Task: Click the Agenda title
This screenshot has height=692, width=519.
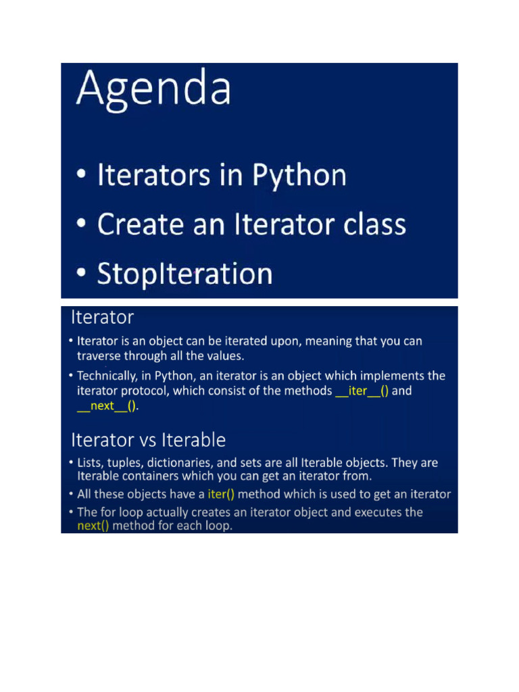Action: point(153,91)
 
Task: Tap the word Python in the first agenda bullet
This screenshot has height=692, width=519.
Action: point(299,176)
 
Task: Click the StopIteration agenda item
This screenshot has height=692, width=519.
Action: point(184,274)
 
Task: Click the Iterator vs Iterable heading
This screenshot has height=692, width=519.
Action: point(148,440)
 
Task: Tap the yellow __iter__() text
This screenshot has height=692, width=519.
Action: point(362,391)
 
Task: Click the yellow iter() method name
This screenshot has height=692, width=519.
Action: point(221,494)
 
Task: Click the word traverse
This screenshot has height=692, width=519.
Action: point(99,355)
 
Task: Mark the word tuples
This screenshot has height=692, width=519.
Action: point(125,463)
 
